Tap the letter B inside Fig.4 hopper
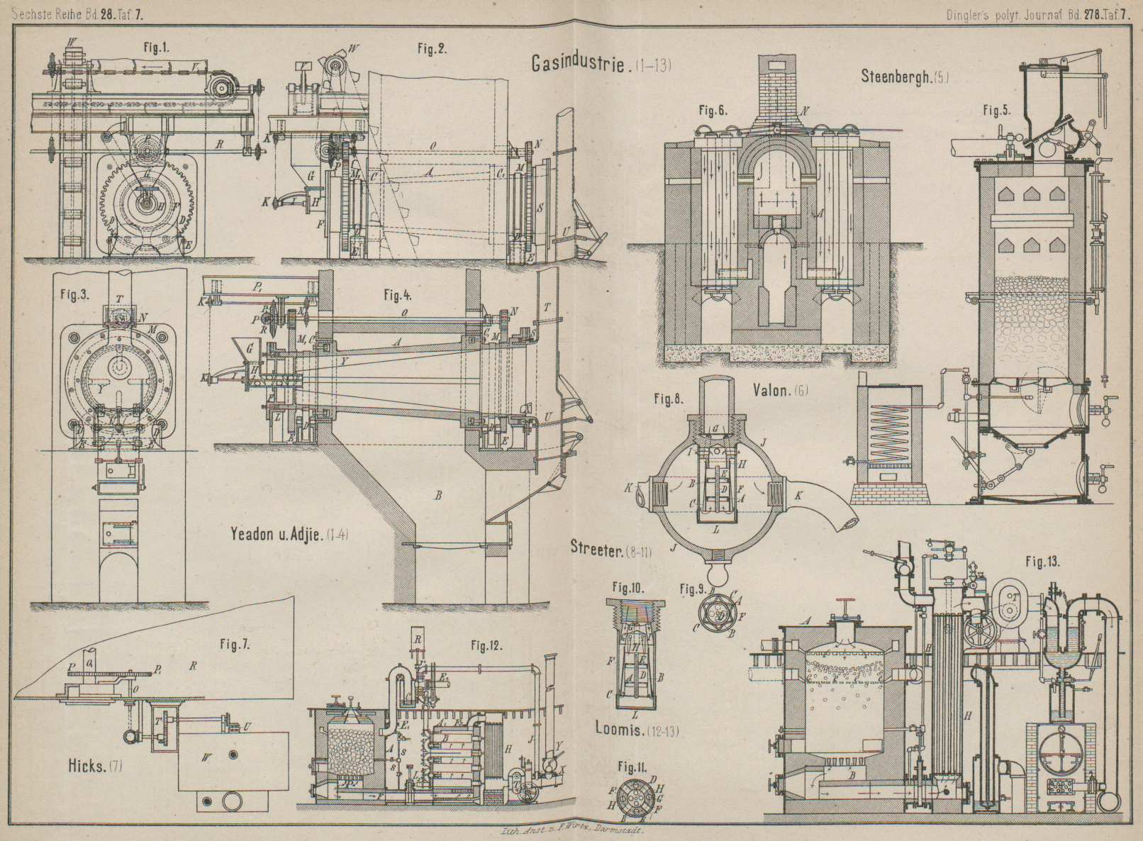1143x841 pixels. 438,496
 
